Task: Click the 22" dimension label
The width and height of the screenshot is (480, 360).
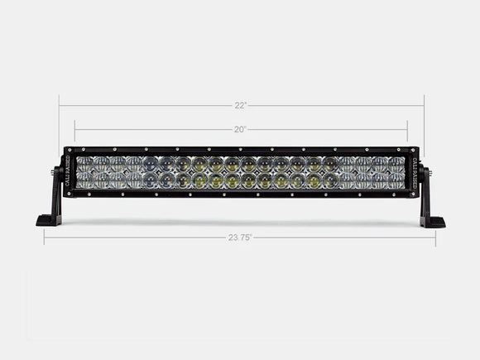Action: [x=240, y=105]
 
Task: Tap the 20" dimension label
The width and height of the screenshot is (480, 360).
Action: [x=240, y=129]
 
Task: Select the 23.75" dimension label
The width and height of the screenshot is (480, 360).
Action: [x=240, y=237]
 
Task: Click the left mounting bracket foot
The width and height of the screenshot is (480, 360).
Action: [x=48, y=221]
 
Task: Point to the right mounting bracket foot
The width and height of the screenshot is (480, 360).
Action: [x=432, y=222]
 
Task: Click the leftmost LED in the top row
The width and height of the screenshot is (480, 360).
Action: [x=85, y=164]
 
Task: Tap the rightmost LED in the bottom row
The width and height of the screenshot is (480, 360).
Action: [x=396, y=180]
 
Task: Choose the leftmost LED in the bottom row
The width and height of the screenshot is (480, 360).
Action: [x=85, y=180]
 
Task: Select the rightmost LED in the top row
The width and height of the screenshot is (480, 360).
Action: [x=396, y=164]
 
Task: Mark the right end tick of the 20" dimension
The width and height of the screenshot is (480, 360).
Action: [x=407, y=129]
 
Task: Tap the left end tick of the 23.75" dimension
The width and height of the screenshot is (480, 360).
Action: [x=44, y=238]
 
